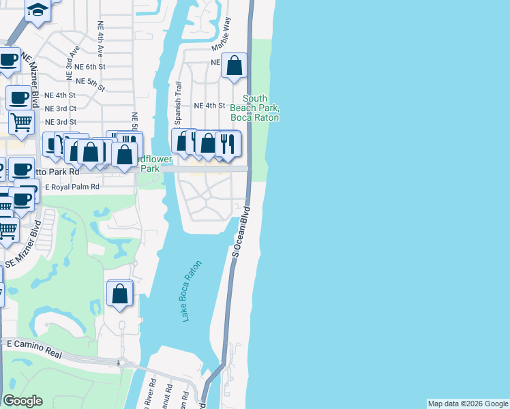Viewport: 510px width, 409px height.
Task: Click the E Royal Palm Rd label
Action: [72, 186]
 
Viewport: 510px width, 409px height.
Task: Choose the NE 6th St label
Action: [90, 67]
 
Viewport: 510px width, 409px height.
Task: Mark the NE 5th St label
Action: [91, 84]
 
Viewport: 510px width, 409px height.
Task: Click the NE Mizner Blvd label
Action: [29, 79]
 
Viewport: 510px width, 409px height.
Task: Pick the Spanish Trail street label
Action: [179, 103]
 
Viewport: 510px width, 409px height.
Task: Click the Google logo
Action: [23, 401]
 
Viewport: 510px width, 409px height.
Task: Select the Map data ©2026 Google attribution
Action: [467, 404]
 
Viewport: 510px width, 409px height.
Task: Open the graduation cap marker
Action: [37, 10]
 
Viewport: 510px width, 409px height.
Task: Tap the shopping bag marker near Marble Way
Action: [234, 66]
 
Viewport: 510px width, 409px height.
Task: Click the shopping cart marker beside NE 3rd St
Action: [20, 123]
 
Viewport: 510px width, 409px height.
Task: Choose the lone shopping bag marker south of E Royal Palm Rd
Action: [120, 294]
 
